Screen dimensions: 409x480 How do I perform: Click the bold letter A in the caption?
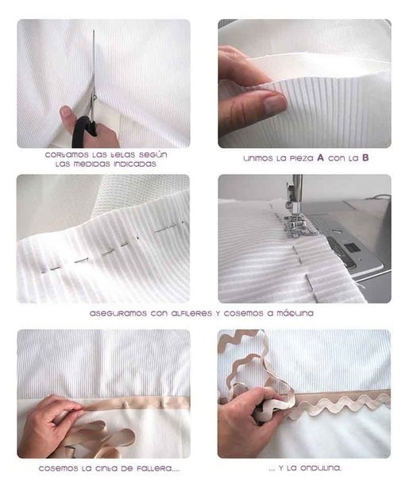320,157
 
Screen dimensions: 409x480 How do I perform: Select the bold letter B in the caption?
365,157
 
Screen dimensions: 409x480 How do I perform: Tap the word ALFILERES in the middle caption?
191,313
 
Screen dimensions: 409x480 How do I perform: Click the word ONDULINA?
321,468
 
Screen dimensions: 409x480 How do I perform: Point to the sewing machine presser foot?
295,226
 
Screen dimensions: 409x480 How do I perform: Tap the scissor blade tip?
94,31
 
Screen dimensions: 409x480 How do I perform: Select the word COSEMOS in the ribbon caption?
58,469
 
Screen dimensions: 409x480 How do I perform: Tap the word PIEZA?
302,159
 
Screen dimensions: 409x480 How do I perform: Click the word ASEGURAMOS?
118,313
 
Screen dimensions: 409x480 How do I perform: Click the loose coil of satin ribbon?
101,435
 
